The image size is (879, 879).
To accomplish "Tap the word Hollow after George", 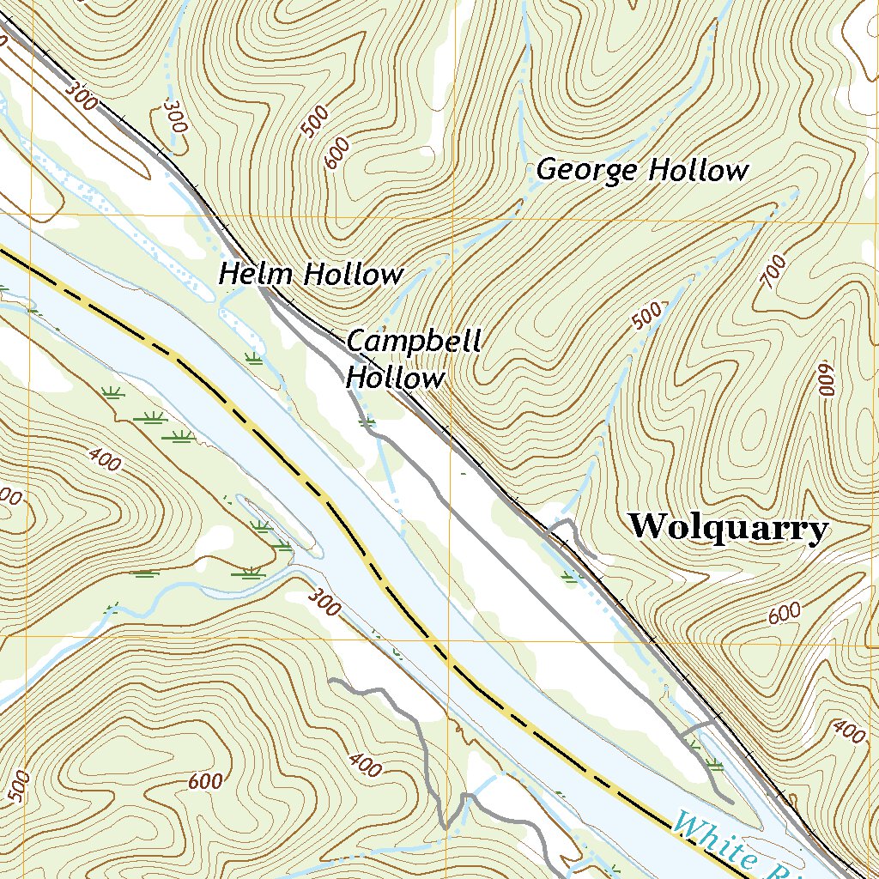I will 697,170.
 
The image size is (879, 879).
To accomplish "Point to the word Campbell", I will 413,342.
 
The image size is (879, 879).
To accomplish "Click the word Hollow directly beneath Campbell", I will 396,378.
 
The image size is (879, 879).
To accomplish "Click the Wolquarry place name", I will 729,526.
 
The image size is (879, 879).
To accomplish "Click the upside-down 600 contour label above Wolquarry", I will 826,378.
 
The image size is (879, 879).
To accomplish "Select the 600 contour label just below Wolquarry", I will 785,613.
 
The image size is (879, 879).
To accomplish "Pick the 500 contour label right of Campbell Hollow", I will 647,315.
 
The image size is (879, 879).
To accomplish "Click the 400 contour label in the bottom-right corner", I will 849,731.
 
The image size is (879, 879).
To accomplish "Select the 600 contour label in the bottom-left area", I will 206,781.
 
